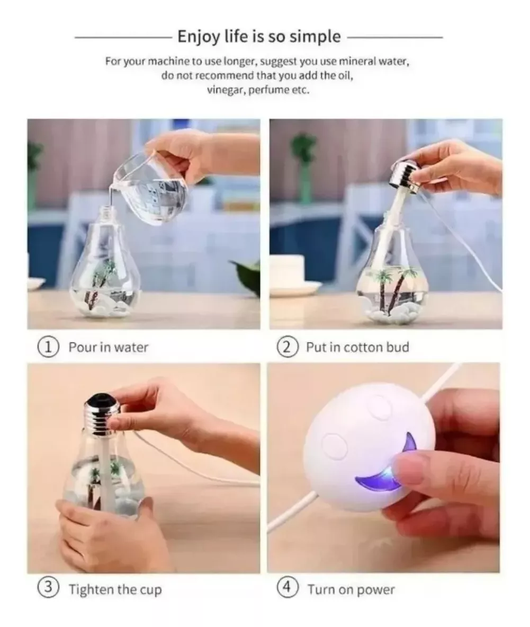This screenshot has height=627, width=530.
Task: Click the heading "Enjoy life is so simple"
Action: (x=259, y=37)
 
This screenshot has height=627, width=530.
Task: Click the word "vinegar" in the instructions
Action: (x=223, y=90)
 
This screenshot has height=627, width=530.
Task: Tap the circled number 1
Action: (x=48, y=348)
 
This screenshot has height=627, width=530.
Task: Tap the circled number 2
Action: (x=287, y=348)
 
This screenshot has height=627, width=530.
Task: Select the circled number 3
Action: (x=48, y=589)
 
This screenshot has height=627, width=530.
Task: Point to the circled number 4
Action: (x=287, y=589)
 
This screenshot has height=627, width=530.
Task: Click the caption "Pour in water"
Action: (x=109, y=348)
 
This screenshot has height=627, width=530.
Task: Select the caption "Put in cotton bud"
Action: (x=357, y=348)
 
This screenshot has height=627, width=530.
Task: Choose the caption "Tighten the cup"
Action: (x=115, y=589)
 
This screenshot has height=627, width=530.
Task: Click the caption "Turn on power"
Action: (x=351, y=589)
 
